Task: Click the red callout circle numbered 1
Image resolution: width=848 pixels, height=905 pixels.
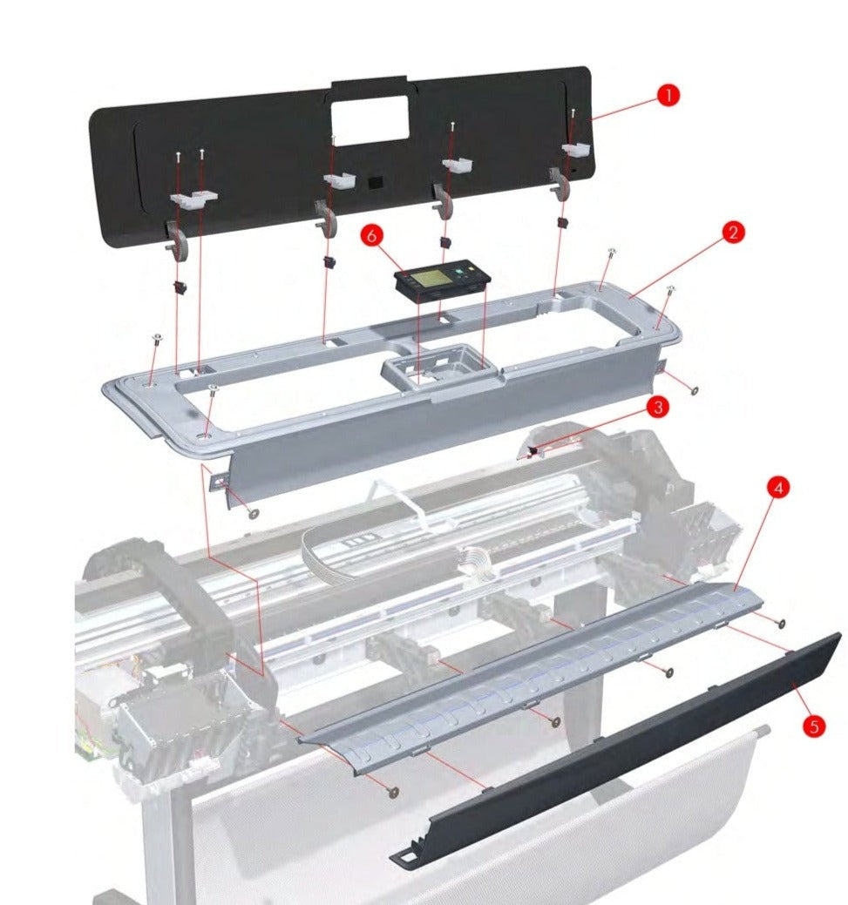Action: tap(668, 94)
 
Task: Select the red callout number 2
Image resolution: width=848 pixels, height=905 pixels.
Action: tap(732, 232)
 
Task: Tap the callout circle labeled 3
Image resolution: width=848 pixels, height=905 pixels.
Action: tap(657, 406)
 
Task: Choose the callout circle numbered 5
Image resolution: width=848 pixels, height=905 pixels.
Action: tap(813, 726)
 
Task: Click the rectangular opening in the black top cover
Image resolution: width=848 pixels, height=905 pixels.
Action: tap(370, 120)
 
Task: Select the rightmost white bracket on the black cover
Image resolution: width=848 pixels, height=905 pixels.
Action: tap(576, 150)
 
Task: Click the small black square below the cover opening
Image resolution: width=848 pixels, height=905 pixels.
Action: tap(375, 184)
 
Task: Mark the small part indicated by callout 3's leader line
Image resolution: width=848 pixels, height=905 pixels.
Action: tap(533, 450)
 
